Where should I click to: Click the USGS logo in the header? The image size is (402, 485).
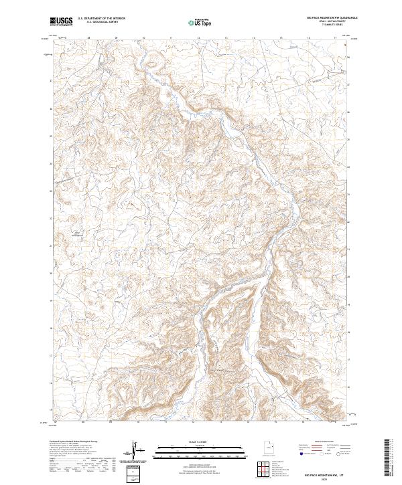(62, 21)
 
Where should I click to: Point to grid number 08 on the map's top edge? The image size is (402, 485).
(88, 38)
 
